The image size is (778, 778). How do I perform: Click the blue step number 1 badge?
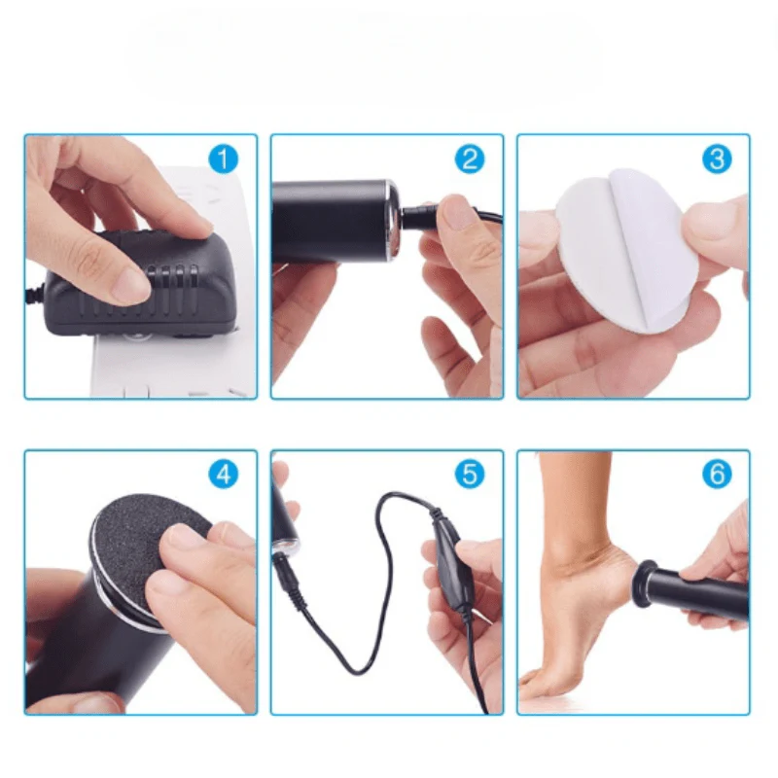click(224, 159)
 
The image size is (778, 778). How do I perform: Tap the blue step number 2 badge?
click(471, 159)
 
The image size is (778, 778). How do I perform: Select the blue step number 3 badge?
click(717, 159)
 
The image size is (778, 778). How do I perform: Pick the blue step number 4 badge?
click(224, 475)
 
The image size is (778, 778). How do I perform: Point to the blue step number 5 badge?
click(471, 475)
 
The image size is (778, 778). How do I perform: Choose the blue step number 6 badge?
click(717, 475)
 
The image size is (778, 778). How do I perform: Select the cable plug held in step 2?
click(428, 209)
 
